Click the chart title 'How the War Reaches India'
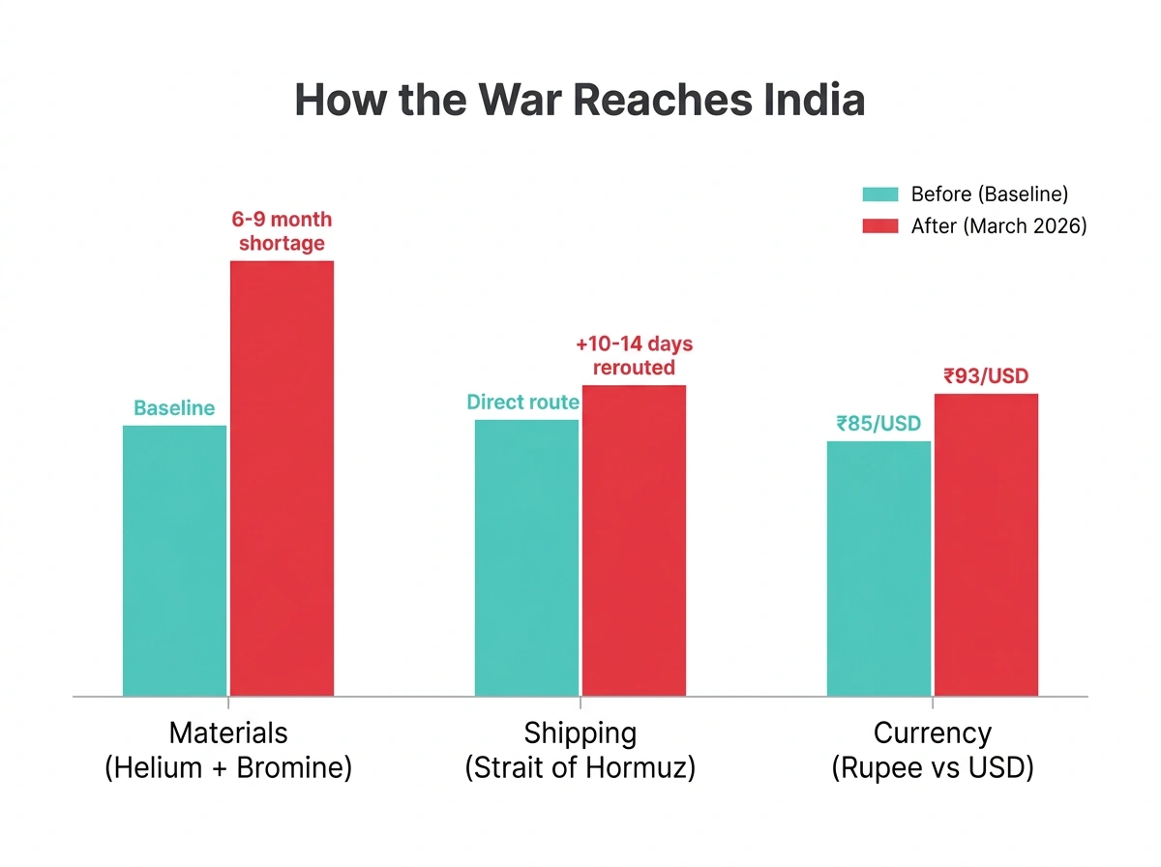point(580,101)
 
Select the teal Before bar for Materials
point(175,560)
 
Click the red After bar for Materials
point(282,478)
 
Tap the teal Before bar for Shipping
point(527,557)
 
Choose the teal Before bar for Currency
point(878,568)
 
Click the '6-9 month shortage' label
point(282,231)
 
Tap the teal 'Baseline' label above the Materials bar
point(174,408)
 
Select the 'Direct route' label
point(522,403)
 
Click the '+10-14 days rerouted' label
point(634,355)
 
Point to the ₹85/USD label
point(878,424)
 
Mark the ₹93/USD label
point(986,376)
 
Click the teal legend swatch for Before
point(880,194)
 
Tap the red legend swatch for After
point(880,226)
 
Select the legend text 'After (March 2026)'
point(998,226)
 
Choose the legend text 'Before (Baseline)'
point(990,194)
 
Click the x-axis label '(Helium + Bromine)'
point(228,768)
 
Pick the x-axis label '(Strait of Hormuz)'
point(580,768)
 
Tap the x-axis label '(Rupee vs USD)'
point(933,768)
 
